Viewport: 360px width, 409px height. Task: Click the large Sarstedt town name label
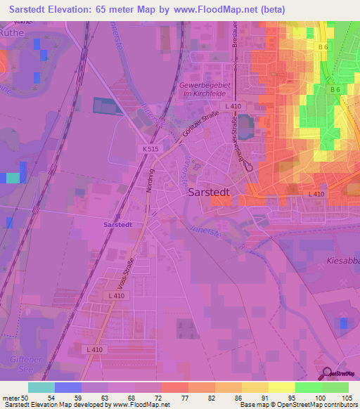click(x=215, y=192)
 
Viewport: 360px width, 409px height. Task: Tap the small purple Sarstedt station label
click(x=117, y=224)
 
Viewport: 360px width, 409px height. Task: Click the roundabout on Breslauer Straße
click(x=249, y=168)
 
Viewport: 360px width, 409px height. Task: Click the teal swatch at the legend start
click(x=41, y=387)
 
